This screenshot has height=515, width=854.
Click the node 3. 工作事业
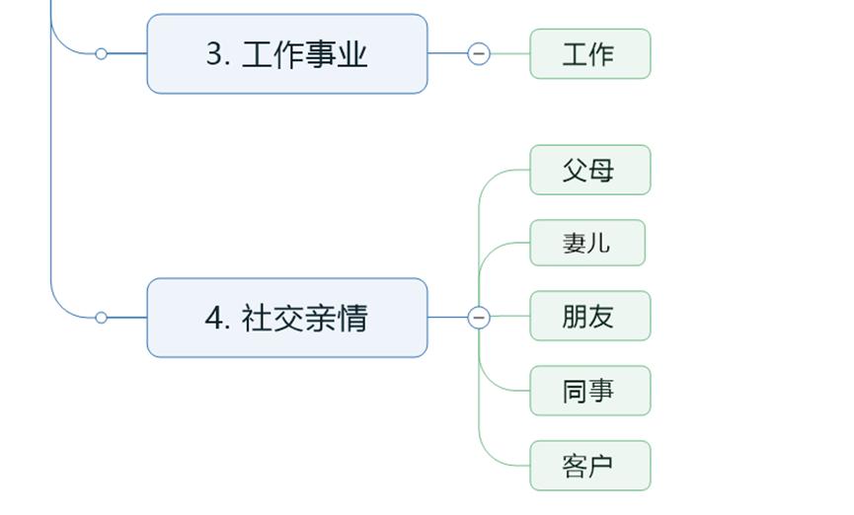[286, 54]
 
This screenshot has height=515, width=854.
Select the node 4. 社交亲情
[286, 318]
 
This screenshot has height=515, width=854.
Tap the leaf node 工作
[589, 54]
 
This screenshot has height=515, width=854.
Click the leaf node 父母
[589, 171]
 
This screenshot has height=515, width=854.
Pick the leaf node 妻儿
[586, 243]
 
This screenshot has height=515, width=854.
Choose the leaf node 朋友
[589, 317]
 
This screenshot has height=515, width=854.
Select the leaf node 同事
[589, 392]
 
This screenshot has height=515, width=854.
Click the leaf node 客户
[589, 466]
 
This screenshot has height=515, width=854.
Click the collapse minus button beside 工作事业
[479, 54]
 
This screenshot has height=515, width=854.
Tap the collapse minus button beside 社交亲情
[479, 318]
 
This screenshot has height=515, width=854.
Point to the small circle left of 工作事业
[101, 54]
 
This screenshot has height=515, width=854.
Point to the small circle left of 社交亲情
[101, 318]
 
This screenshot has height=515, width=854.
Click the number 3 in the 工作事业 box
[215, 54]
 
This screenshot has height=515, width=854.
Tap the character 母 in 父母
[602, 171]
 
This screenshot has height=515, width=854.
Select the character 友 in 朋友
[602, 317]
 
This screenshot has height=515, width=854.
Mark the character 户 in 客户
[602, 466]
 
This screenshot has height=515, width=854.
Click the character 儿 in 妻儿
[599, 243]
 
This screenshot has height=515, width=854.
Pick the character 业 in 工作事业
[352, 54]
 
